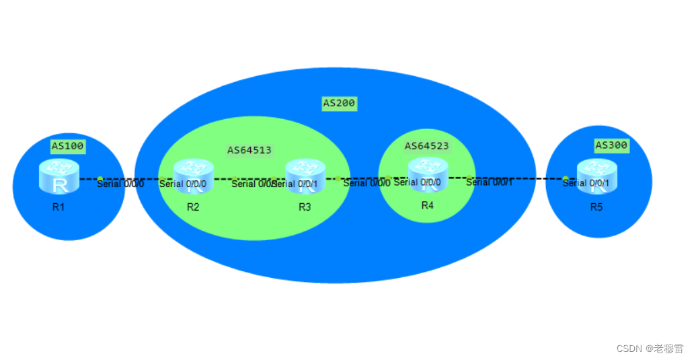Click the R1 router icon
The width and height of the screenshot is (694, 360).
59,177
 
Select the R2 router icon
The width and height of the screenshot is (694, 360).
192,176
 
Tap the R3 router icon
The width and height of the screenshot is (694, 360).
305,176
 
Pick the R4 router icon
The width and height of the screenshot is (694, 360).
428,174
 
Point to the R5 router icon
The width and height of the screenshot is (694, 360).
596,176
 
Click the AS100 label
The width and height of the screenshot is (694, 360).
67,145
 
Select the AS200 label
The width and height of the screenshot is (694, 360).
339,104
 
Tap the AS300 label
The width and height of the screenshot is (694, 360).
611,145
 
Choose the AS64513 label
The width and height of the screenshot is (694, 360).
249,150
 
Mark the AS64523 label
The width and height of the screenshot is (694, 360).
426,145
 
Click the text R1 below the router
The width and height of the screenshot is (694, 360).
59,207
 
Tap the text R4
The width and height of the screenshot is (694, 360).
428,205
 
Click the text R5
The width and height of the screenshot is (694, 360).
596,207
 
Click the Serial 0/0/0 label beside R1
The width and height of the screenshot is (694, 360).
120,184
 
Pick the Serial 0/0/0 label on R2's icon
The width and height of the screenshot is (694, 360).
182,184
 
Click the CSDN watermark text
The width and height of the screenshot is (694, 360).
650,348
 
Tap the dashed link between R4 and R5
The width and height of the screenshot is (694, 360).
525,178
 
